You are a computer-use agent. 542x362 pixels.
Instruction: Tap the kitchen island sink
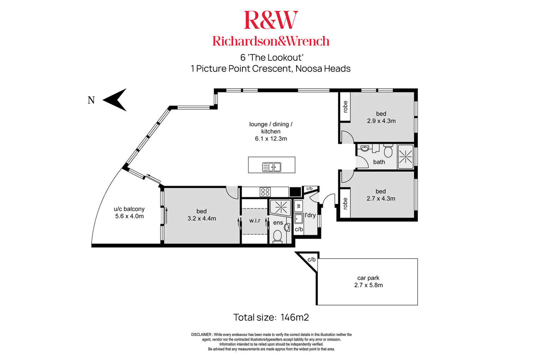(x=271, y=167)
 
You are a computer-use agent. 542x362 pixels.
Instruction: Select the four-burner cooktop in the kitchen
(x=265, y=192)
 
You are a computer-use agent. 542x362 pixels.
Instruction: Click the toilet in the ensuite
(x=277, y=236)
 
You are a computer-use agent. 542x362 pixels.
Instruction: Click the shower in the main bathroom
(x=406, y=157)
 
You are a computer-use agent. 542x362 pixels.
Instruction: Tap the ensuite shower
(x=281, y=207)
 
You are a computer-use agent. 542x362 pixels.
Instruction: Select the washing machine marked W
(x=299, y=206)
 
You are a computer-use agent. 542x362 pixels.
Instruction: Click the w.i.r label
(x=254, y=220)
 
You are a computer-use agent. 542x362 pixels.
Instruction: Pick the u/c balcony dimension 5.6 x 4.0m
(x=129, y=216)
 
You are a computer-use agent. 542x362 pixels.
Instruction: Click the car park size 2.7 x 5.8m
(x=369, y=285)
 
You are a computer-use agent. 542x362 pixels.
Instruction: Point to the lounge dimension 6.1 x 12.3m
(x=271, y=138)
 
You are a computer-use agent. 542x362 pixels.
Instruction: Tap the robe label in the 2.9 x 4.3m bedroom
(x=345, y=107)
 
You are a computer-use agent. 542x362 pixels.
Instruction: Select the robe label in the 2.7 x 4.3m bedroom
(x=345, y=203)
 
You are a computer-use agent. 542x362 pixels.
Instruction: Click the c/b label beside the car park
(x=311, y=260)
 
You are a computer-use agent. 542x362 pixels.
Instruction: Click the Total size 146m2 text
(x=271, y=317)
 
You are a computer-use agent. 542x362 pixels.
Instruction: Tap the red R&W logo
(x=271, y=20)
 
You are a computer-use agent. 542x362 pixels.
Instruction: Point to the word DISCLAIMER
(x=201, y=335)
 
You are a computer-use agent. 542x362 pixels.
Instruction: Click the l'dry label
(x=310, y=215)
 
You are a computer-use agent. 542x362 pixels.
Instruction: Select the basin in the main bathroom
(x=365, y=148)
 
